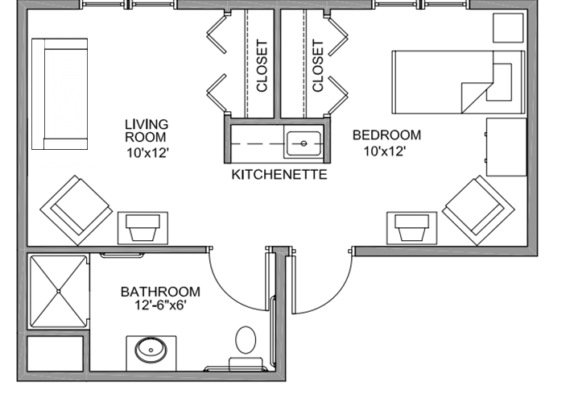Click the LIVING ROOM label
click(147, 131)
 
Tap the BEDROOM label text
click(386, 135)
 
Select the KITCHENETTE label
click(279, 175)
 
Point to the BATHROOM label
click(160, 292)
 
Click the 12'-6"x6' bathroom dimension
click(161, 305)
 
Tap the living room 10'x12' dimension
click(147, 152)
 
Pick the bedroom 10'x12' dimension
click(385, 151)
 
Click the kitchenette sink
click(304, 143)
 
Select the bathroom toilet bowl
click(246, 340)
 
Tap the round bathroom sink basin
click(151, 351)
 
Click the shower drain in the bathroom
click(59, 291)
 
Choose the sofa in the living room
click(60, 94)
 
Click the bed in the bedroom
click(458, 82)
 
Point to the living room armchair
click(76, 210)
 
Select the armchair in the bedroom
click(478, 210)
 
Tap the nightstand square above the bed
click(508, 28)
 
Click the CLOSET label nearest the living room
click(262, 66)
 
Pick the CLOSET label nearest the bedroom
click(318, 66)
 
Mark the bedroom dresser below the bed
click(506, 147)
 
